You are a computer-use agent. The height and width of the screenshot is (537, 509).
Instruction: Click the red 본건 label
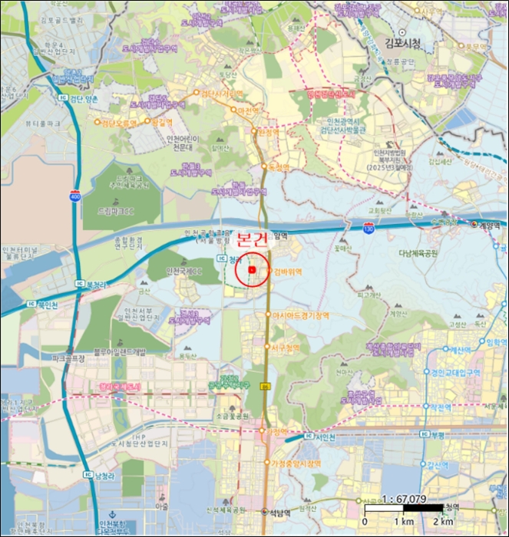(x=253, y=239)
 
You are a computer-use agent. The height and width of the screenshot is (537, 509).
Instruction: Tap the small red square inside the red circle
(x=252, y=269)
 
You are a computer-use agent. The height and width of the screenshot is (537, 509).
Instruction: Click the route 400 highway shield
(x=74, y=196)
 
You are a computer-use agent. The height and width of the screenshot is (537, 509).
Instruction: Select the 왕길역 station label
(x=162, y=122)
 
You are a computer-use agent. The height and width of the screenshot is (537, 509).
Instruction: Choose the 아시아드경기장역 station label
(x=301, y=315)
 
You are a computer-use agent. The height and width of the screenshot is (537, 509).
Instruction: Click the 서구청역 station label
(x=289, y=347)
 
